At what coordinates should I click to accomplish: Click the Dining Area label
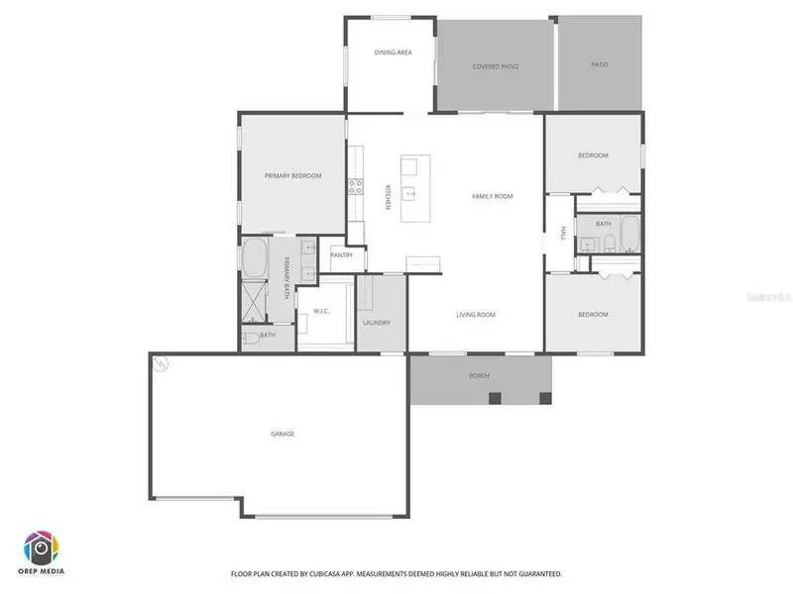pos(393,52)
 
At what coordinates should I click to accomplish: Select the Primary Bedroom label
pos(292,175)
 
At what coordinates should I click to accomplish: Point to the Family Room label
pos(492,196)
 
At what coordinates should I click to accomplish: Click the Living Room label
pos(476,315)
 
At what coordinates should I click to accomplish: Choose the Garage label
pos(283,434)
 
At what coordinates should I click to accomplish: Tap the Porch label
pos(480,376)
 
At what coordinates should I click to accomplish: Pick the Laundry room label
pos(377,323)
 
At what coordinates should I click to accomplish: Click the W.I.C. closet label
pos(321,311)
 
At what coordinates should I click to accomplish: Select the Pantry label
pos(342,255)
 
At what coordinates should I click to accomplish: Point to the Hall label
pos(563,234)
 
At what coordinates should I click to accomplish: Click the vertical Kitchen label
pos(388,196)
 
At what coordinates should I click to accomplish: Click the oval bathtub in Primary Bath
pos(256,257)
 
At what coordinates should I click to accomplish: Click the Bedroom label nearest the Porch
pos(593,315)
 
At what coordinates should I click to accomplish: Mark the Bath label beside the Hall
pos(604,225)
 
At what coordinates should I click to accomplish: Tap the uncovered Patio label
pos(600,65)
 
